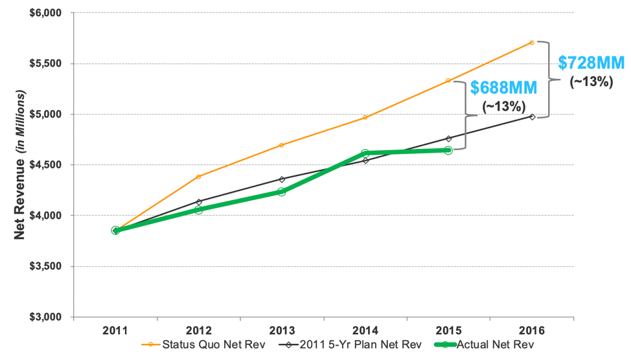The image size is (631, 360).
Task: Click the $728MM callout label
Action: [591, 63]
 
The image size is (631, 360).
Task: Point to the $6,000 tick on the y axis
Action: [45, 13]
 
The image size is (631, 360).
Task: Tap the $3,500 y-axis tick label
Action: [45, 266]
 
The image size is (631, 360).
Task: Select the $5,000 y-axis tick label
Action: [45, 115]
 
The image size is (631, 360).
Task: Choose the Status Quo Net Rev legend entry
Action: [205, 345]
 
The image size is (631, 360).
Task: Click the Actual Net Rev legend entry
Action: [495, 345]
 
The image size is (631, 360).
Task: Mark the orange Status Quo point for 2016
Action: [532, 43]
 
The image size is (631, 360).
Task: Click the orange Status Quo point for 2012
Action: [198, 177]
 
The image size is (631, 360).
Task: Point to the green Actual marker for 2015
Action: [448, 150]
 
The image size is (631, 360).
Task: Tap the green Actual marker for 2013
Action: [282, 192]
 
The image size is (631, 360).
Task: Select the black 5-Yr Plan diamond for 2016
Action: [533, 117]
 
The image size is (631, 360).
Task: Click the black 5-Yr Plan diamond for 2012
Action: [198, 202]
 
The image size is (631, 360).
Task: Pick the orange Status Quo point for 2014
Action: [365, 117]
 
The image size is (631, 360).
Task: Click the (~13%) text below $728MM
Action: [591, 82]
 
